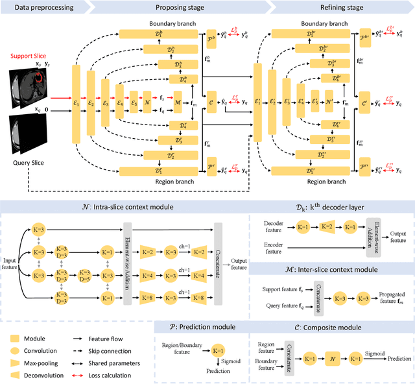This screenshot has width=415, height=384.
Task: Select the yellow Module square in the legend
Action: coord(15,337)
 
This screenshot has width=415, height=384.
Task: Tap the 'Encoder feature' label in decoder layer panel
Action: coord(277,249)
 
